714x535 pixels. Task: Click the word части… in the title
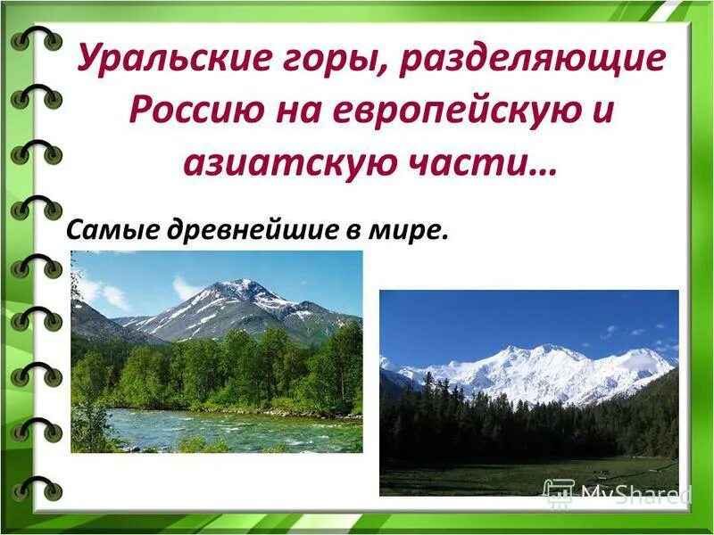[x=482, y=164]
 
